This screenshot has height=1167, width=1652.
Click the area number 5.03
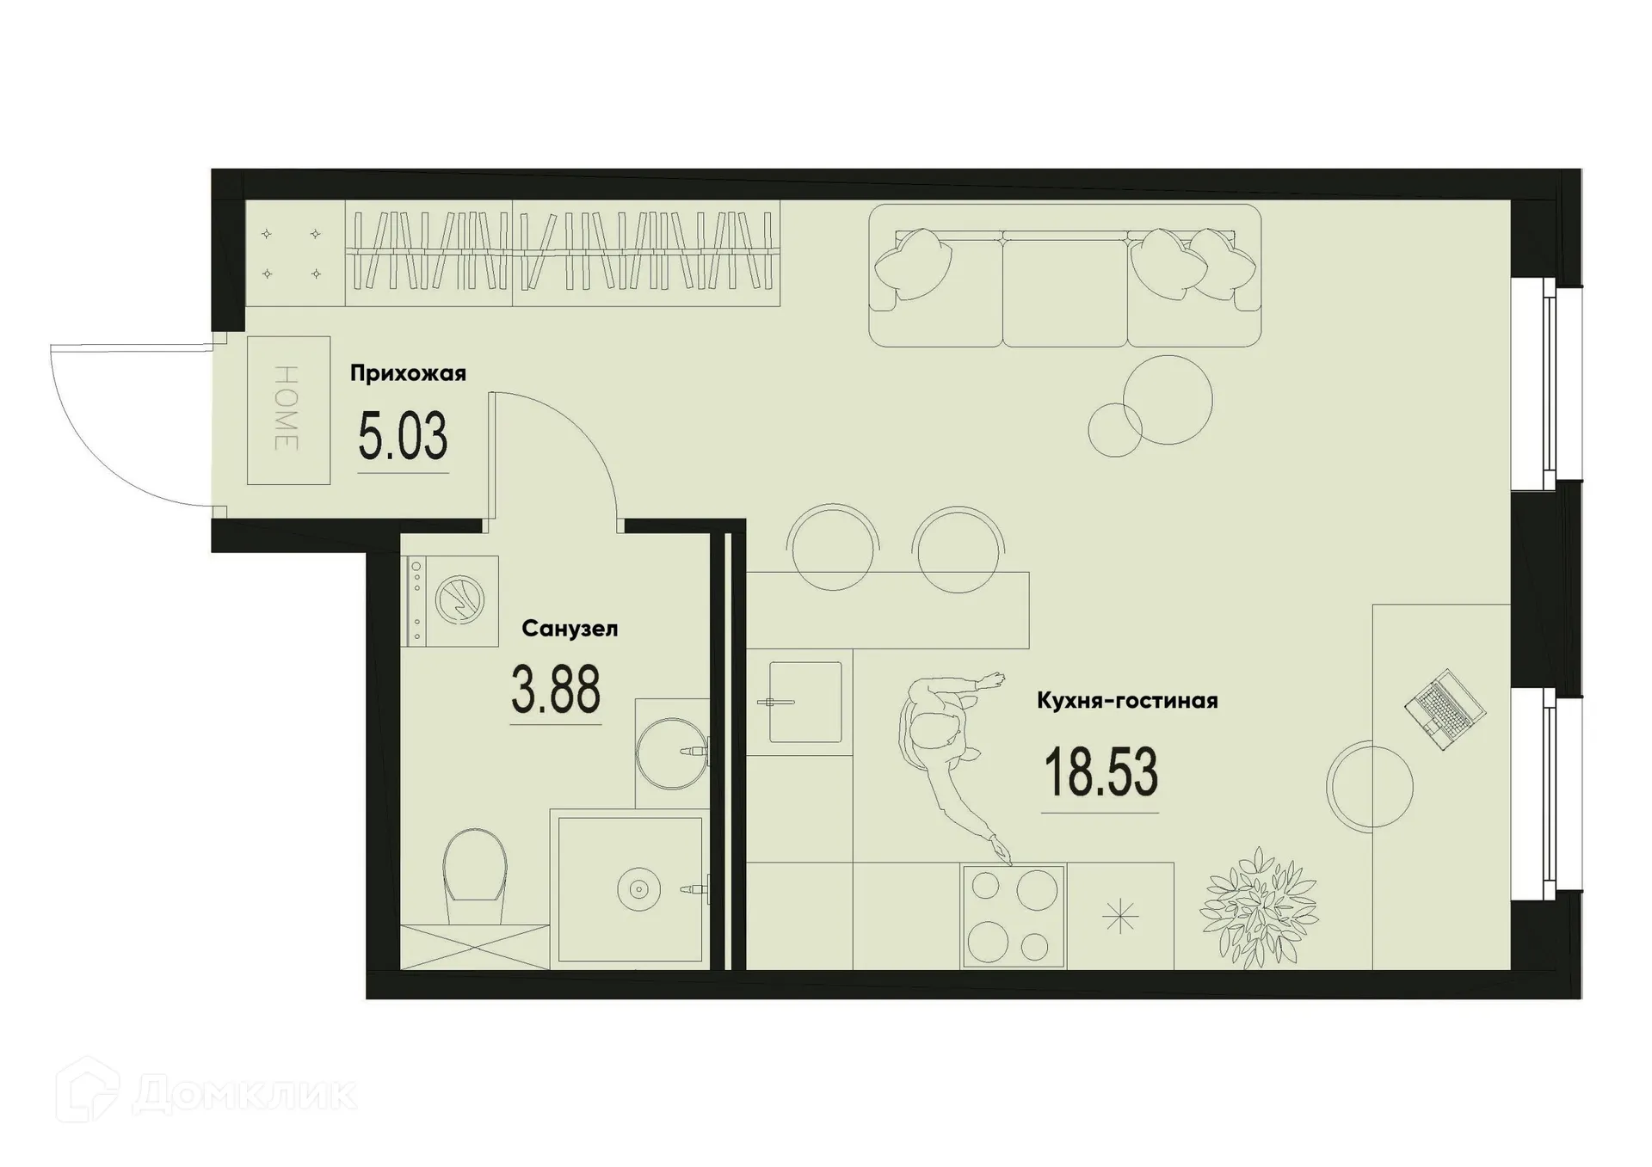[403, 437]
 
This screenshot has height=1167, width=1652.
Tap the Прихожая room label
[408, 373]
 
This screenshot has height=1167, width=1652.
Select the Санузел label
[570, 629]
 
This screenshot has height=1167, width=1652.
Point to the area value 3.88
[556, 690]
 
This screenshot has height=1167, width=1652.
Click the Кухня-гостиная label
[1127, 701]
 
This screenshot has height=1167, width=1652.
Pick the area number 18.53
[1100, 772]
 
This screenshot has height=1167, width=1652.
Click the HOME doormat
[288, 409]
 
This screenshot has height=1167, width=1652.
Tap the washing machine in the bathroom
[453, 600]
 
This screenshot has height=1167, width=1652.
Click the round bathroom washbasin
[671, 752]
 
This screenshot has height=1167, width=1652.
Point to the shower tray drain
[638, 889]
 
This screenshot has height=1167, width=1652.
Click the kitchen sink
[804, 702]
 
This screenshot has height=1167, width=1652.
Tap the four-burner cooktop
[1014, 916]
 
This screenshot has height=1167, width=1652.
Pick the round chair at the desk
[1369, 784]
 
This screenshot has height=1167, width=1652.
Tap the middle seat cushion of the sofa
[1064, 292]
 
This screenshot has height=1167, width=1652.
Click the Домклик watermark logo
[206, 1094]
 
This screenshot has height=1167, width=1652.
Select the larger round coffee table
[1168, 399]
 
